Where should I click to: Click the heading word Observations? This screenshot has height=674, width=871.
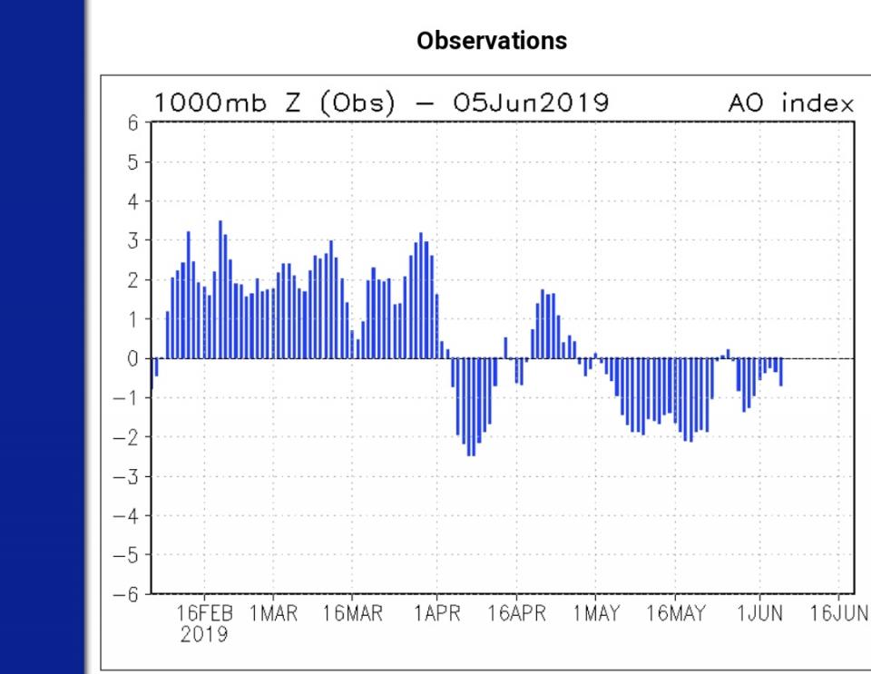tap(492, 41)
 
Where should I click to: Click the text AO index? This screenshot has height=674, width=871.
tap(790, 103)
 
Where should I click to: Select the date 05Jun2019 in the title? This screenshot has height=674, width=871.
tap(531, 103)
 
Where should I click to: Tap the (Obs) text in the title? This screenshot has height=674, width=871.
tap(357, 103)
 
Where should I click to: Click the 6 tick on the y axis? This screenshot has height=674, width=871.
tap(133, 123)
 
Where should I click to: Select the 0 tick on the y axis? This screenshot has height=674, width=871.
tap(133, 358)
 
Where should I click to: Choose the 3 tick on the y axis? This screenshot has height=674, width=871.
tap(133, 240)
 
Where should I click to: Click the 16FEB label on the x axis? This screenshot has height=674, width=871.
tap(204, 614)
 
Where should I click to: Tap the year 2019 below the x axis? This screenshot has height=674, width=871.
tap(204, 634)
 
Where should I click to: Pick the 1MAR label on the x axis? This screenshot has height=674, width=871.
tap(273, 614)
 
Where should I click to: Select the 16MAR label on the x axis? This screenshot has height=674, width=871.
tap(352, 614)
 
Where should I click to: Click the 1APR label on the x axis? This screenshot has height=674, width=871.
tap(436, 614)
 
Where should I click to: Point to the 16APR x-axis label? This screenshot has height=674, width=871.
tap(515, 614)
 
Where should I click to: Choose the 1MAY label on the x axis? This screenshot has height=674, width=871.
tap(596, 614)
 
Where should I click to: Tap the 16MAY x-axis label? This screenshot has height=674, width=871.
tap(675, 614)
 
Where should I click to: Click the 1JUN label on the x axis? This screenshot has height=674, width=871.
tap(759, 614)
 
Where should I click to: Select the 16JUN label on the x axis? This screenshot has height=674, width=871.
tap(839, 614)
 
